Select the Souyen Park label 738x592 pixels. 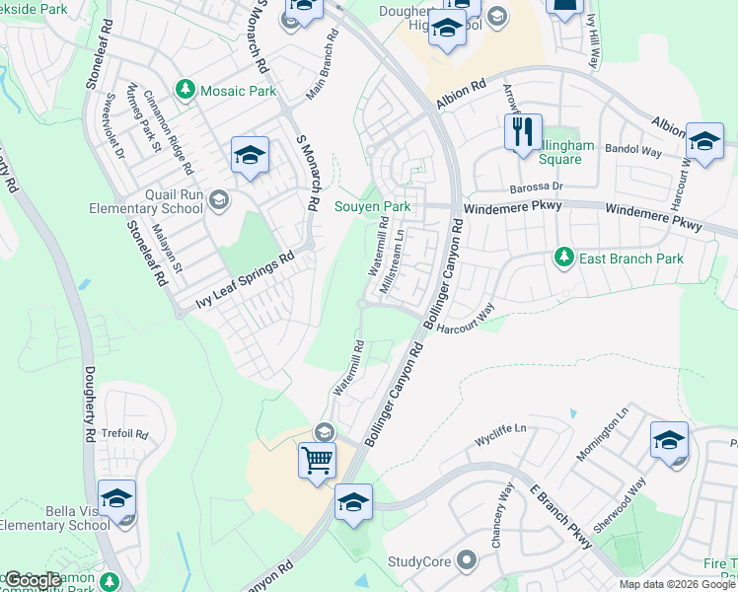point(372,206)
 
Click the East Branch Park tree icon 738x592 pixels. point(563,259)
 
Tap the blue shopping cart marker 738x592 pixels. point(317,460)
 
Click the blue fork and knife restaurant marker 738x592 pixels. point(523,133)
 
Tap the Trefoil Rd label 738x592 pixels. point(125,434)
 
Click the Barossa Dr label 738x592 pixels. point(536,185)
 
